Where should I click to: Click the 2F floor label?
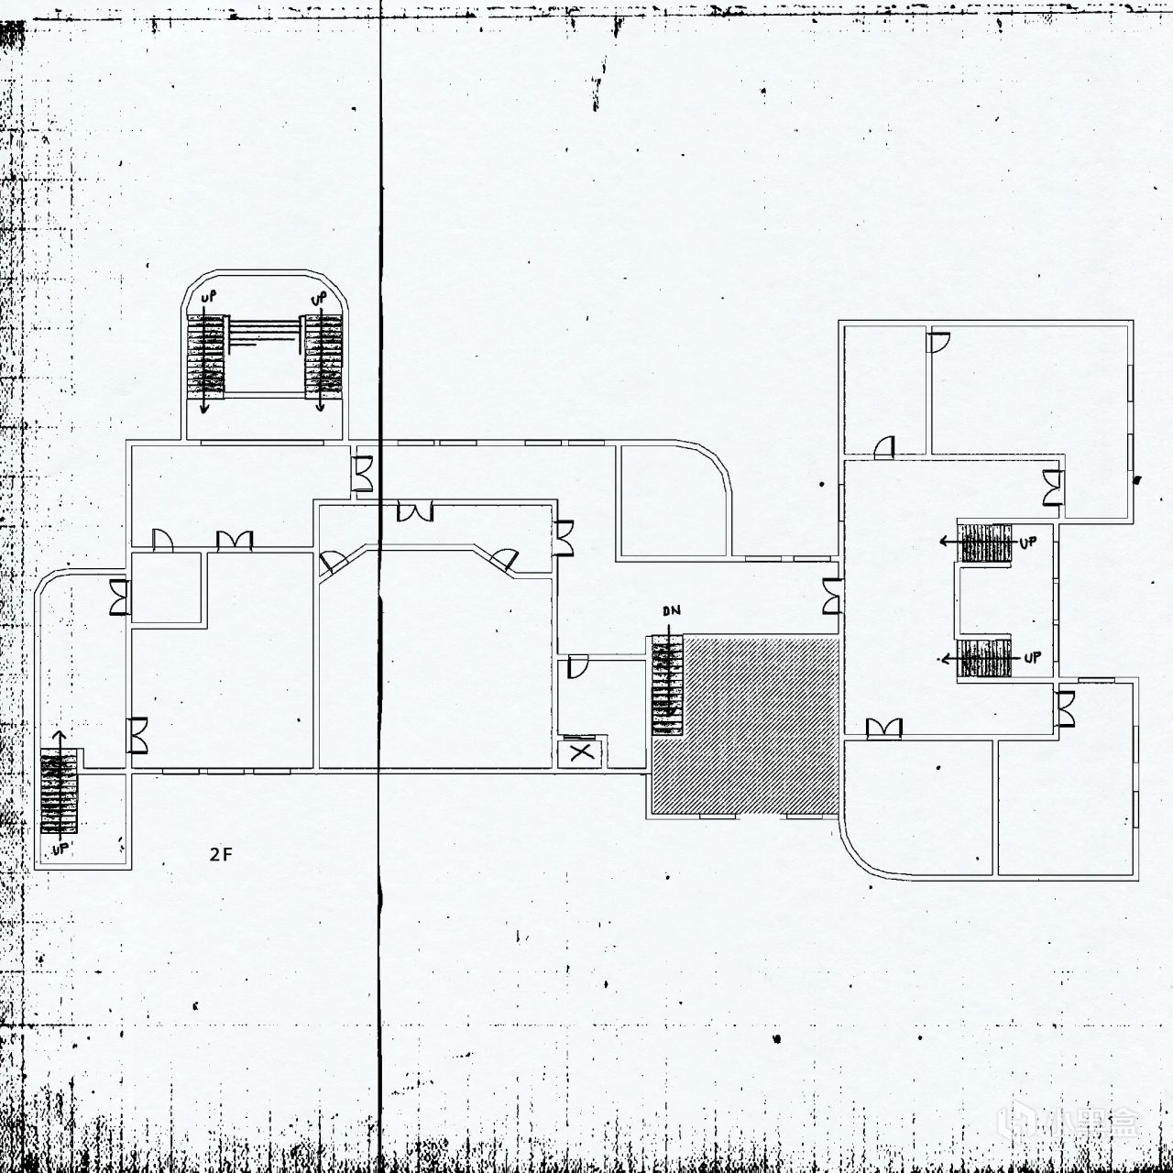click(221, 855)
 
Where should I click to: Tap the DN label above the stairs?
click(672, 610)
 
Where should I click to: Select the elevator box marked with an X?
click(581, 753)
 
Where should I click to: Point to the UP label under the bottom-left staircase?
click(60, 849)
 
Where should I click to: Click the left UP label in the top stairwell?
click(208, 298)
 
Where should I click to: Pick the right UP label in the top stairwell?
click(318, 299)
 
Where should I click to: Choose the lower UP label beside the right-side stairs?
click(1033, 658)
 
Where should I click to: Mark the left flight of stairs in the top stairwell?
click(205, 356)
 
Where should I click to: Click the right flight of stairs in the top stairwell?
click(323, 356)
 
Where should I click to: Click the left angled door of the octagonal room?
click(333, 561)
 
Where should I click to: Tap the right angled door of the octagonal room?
click(505, 559)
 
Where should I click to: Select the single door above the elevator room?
click(577, 666)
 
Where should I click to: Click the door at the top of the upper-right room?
click(937, 343)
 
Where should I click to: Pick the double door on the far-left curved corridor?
click(119, 597)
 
